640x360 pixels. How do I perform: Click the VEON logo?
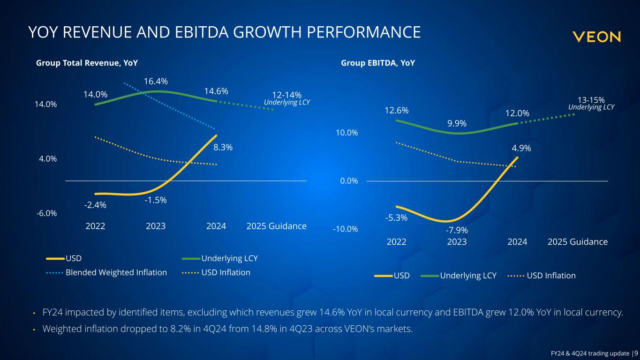point(596,37)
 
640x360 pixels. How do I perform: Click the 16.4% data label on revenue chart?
point(156,82)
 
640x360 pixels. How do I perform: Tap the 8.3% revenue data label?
point(223,147)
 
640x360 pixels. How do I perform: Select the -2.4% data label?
point(95,205)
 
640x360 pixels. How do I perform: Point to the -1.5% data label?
point(156,200)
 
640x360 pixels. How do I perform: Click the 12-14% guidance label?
point(286,95)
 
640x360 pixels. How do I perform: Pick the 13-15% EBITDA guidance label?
point(591,100)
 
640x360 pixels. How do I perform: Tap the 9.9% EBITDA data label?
point(457,124)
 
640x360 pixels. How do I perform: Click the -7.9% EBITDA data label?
point(457,230)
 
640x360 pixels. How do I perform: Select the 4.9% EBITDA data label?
point(521,148)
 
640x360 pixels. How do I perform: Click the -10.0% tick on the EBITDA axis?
point(346,229)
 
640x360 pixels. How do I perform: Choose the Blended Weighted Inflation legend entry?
point(116,272)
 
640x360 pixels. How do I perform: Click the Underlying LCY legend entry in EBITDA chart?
point(468,276)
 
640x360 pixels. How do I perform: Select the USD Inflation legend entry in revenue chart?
point(226,272)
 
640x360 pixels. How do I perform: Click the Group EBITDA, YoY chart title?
point(378,62)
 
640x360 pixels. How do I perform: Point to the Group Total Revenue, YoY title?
point(87,62)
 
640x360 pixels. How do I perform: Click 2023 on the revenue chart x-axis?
point(156,226)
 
